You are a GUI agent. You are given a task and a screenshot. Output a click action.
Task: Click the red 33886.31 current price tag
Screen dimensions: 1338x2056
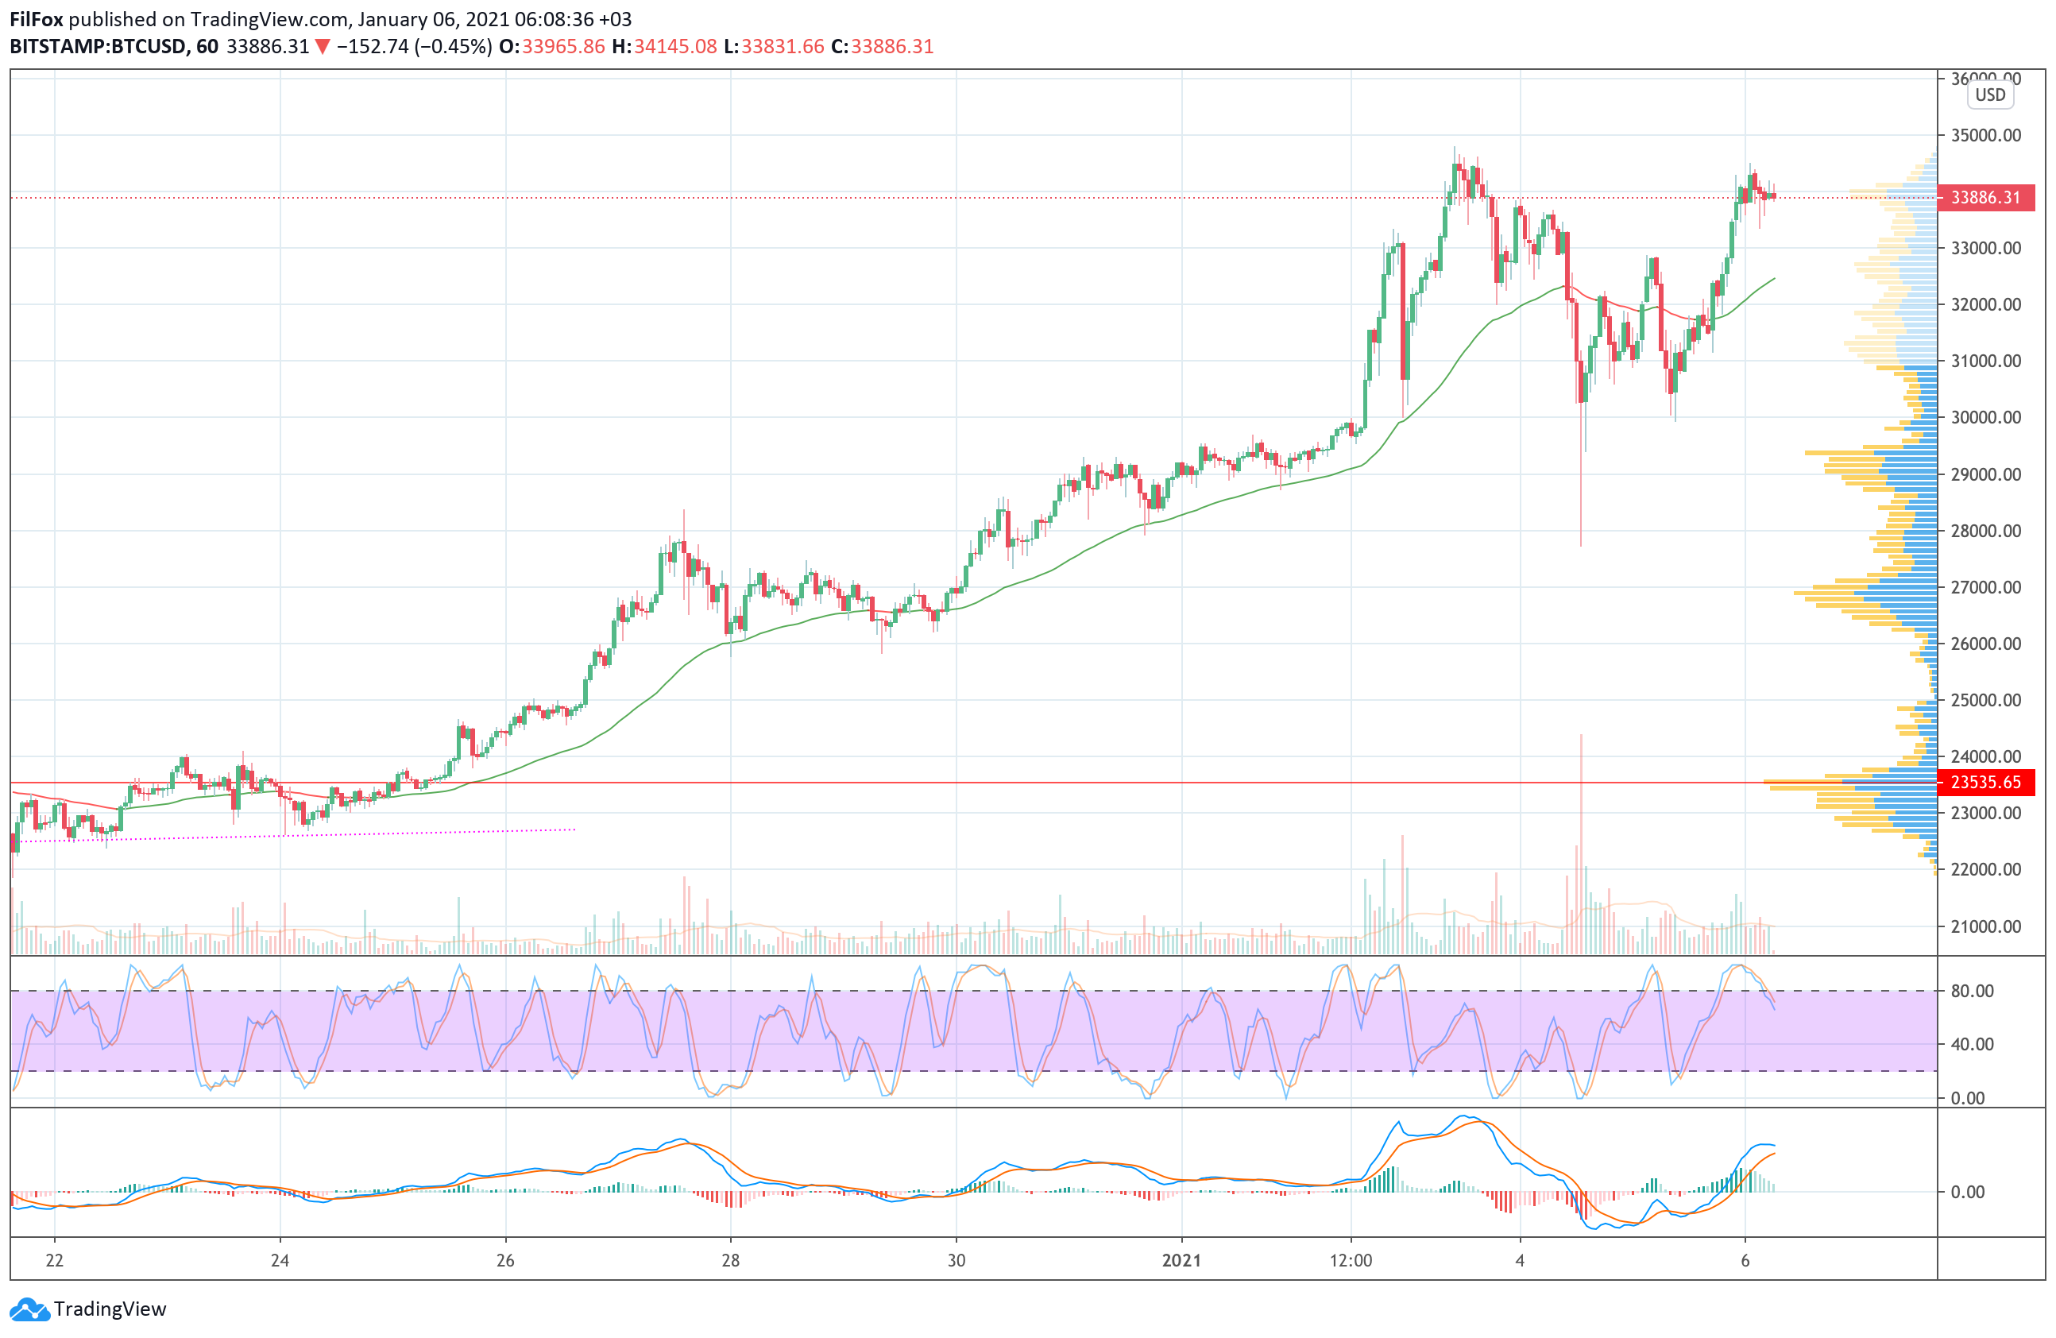(1985, 198)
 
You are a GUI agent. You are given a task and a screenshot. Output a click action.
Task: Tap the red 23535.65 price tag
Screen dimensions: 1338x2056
(1985, 783)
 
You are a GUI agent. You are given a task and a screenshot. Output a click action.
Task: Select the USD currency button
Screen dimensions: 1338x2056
(1990, 95)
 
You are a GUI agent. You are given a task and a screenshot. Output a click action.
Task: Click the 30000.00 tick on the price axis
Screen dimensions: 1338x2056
(1986, 417)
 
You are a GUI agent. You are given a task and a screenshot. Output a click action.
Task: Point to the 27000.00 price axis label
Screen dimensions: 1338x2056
(1986, 587)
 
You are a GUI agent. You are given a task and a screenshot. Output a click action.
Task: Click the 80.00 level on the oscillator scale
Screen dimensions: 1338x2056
(1973, 991)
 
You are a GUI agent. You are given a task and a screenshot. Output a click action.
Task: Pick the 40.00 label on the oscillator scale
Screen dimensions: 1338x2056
(1973, 1044)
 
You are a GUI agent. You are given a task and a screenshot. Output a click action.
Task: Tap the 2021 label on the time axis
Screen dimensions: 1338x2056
(1181, 1260)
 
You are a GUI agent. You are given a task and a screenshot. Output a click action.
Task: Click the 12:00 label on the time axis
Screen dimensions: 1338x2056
(1351, 1260)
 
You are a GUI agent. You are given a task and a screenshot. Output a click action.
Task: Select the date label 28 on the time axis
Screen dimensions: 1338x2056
(731, 1260)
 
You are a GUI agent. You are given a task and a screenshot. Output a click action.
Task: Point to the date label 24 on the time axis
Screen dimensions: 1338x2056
(280, 1260)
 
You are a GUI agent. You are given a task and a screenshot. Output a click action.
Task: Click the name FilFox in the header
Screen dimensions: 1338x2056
(37, 19)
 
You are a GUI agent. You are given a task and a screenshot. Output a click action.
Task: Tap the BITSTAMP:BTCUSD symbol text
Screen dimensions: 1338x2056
(98, 47)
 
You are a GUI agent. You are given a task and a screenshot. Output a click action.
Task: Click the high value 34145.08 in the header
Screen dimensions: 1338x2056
(674, 47)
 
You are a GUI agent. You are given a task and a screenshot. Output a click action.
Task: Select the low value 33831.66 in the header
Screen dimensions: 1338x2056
(782, 47)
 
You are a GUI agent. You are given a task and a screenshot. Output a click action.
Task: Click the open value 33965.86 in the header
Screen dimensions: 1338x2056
(563, 47)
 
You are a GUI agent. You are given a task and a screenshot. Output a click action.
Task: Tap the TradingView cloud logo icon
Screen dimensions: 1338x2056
(30, 1309)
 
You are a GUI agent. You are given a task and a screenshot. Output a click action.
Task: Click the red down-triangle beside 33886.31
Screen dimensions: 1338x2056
(323, 47)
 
